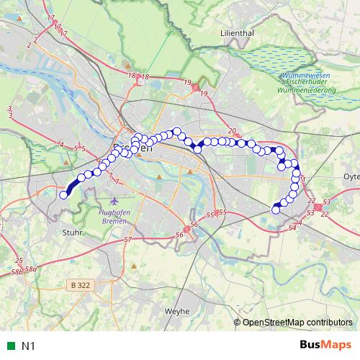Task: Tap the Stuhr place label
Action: tap(73, 233)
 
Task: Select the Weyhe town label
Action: tap(177, 311)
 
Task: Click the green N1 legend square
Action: tap(9, 346)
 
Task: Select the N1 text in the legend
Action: tap(28, 346)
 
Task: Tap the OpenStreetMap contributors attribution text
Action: tap(297, 322)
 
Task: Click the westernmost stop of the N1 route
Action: tap(63, 194)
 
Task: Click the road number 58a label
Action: tap(31, 269)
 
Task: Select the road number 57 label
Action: tap(127, 239)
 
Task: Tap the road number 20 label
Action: tap(231, 131)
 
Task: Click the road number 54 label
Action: tap(292, 228)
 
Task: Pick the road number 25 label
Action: tap(19, 261)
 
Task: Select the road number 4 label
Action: tap(62, 145)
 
